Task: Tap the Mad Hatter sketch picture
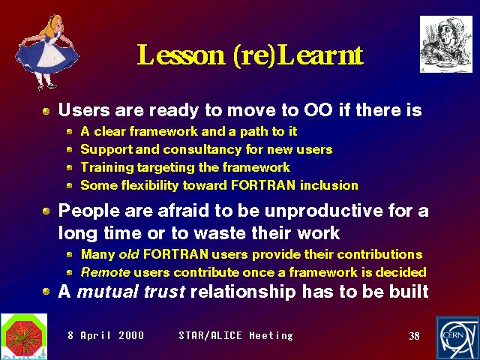[446, 44]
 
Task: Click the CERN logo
[457, 338]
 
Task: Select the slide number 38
[414, 336]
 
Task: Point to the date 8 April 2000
[106, 335]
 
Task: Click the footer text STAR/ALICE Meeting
[235, 335]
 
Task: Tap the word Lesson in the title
[181, 55]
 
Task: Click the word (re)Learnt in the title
[298, 55]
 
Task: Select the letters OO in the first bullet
[318, 109]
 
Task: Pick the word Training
[107, 168]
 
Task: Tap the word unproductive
[324, 211]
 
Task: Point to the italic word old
[129, 254]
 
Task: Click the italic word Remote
[106, 272]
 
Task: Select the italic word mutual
[108, 291]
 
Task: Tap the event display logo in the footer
[24, 337]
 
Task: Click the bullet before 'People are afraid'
[46, 211]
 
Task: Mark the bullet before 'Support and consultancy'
[70, 150]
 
